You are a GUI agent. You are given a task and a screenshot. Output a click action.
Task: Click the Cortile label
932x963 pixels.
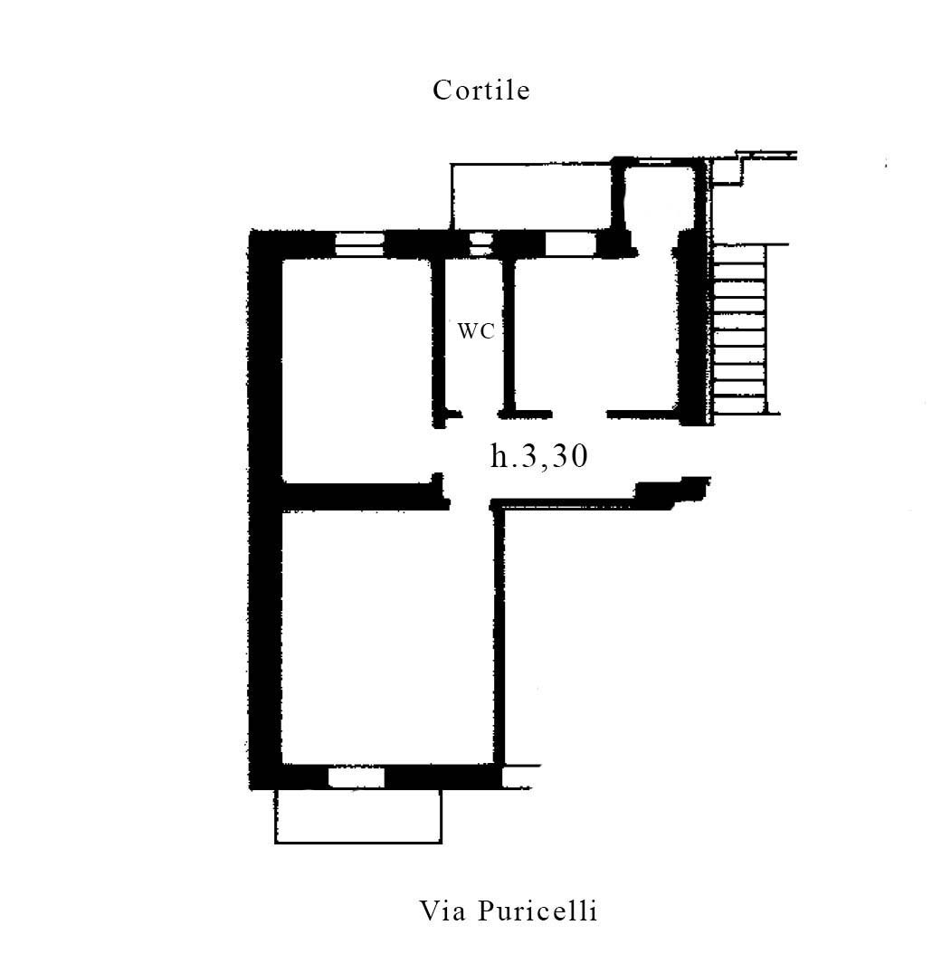[x=480, y=91]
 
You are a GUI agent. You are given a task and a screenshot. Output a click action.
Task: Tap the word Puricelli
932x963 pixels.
[x=537, y=911]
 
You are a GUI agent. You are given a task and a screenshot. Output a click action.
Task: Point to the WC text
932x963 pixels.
[x=476, y=331]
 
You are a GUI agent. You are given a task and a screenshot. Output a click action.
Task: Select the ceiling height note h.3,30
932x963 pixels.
[x=539, y=456]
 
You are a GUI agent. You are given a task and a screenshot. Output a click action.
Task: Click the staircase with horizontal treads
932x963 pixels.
[x=740, y=329]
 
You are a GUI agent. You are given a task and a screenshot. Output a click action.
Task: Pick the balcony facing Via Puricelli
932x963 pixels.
[x=358, y=816]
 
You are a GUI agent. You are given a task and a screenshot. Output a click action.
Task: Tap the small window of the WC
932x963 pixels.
[x=480, y=243]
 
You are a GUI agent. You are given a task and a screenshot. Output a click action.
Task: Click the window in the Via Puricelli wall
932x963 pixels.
[x=357, y=777]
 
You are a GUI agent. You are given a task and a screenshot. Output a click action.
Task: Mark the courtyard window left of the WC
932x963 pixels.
[x=359, y=243]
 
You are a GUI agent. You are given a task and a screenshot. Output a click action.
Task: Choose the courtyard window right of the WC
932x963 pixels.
[x=571, y=243]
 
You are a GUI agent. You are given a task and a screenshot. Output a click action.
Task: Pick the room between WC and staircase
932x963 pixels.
[x=594, y=335]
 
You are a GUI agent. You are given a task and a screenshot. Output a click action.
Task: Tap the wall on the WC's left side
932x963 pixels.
[x=438, y=341]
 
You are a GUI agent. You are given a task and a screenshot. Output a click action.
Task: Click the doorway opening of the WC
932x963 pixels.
[x=480, y=415]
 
